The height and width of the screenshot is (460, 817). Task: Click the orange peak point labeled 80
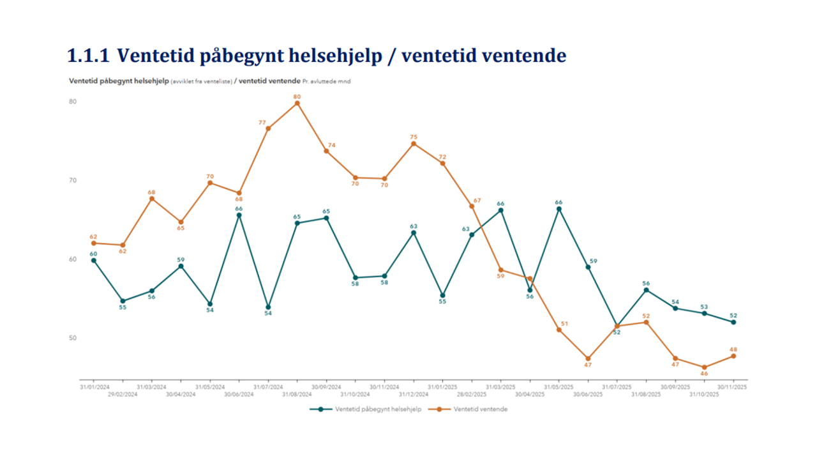297,103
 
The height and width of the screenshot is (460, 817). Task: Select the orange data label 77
262,121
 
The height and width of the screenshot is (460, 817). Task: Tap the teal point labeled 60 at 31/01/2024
94,261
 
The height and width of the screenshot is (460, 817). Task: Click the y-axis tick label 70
72,180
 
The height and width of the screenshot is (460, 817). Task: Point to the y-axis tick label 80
72,102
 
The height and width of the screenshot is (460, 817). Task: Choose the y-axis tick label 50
72,338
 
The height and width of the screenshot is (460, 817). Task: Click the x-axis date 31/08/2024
297,394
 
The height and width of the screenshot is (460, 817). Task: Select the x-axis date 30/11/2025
733,387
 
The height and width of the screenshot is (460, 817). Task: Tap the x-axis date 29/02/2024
123,394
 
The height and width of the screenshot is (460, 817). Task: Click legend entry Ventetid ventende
480,410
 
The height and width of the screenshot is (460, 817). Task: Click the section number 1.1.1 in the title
87,56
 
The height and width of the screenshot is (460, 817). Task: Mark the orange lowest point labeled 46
704,367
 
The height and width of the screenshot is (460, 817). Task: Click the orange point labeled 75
413,144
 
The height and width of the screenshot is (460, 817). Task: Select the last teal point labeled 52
733,322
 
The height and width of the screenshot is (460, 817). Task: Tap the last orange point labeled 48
733,356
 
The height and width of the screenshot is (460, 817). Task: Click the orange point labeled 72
442,164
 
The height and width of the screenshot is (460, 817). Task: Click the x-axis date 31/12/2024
413,394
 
